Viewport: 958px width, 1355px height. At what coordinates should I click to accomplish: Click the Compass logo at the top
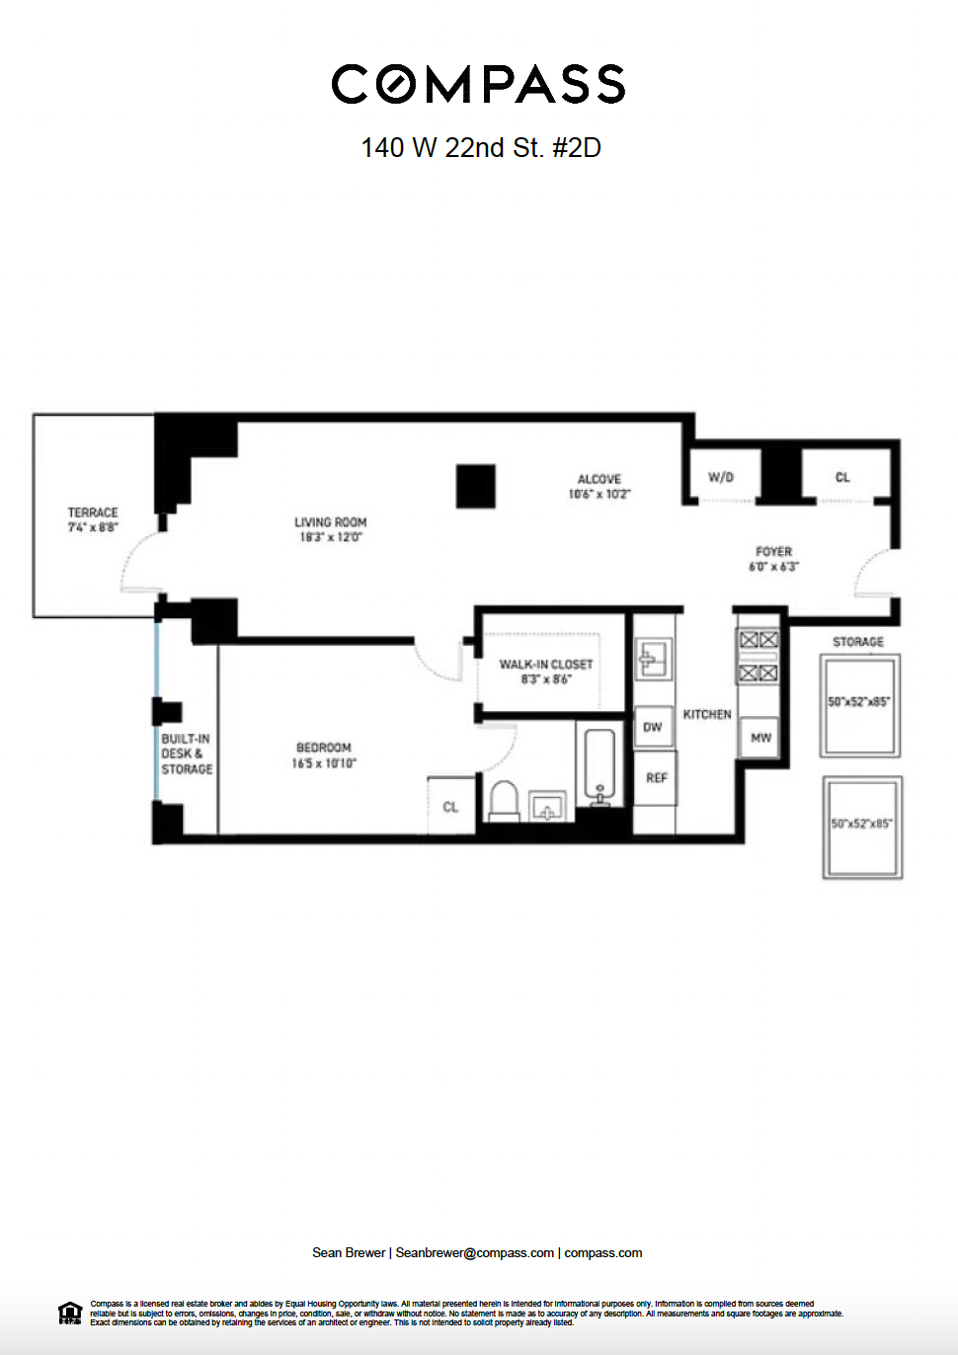[478, 85]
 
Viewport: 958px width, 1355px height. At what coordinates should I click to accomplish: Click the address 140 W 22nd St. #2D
[481, 148]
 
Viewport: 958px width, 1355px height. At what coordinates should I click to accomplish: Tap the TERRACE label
[93, 513]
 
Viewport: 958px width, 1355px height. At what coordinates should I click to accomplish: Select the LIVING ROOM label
[330, 522]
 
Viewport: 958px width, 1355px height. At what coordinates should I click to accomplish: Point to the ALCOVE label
[599, 479]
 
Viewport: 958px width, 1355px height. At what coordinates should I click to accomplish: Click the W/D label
[721, 477]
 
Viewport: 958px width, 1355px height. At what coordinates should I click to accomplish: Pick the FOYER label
[773, 552]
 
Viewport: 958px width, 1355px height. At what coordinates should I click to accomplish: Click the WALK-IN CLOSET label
[546, 665]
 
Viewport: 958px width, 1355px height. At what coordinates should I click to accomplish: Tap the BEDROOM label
[324, 748]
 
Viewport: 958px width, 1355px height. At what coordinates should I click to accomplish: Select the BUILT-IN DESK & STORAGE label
[187, 754]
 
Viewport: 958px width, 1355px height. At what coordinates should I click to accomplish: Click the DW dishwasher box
[653, 728]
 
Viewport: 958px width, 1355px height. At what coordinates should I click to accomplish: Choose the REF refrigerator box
[657, 778]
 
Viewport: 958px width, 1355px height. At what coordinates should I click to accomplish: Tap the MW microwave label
[760, 738]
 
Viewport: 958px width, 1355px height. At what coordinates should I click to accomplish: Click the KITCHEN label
[707, 714]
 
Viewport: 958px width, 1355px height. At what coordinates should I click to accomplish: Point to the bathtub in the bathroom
[599, 762]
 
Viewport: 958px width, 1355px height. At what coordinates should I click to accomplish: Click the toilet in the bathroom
[505, 799]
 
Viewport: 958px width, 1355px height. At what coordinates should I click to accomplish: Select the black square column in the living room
[475, 486]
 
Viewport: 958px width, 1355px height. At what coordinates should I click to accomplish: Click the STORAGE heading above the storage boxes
[858, 642]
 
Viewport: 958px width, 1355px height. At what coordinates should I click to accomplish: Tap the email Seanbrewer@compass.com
[474, 1253]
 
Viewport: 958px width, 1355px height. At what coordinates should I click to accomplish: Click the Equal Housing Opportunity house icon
[70, 1314]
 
